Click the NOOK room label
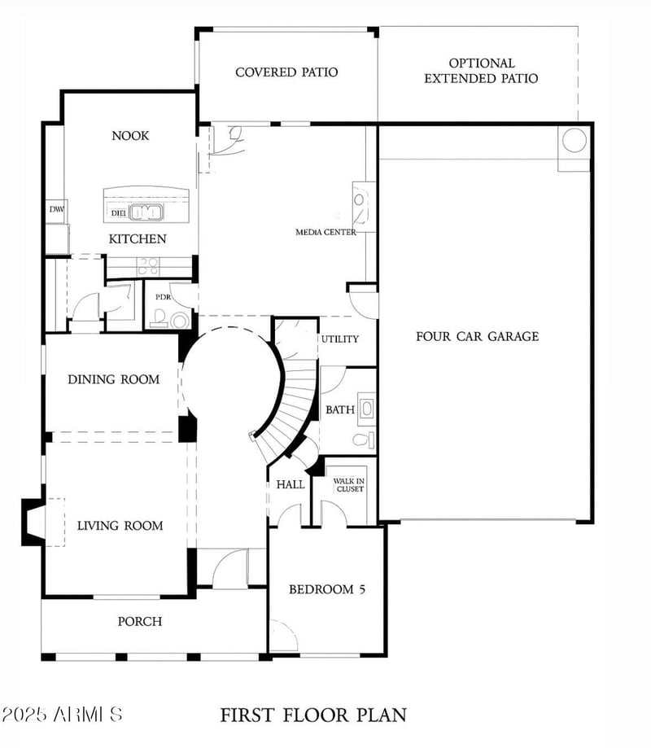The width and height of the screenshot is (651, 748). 130,136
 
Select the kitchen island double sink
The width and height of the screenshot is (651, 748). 147,212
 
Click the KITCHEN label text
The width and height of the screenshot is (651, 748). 138,239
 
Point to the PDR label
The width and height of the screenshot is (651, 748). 162,297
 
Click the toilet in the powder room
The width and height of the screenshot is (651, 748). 179,320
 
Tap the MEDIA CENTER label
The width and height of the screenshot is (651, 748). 325,232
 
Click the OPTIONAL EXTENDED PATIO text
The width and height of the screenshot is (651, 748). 481,71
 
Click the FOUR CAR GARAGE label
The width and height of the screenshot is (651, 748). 477,336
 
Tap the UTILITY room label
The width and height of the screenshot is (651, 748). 339,339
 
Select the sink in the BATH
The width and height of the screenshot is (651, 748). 367,408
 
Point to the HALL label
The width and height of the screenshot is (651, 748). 291,484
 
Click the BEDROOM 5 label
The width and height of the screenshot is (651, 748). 327,589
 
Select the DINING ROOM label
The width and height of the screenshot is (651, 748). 113,379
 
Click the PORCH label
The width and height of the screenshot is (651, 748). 139,622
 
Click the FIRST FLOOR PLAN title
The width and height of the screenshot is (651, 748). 313,715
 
